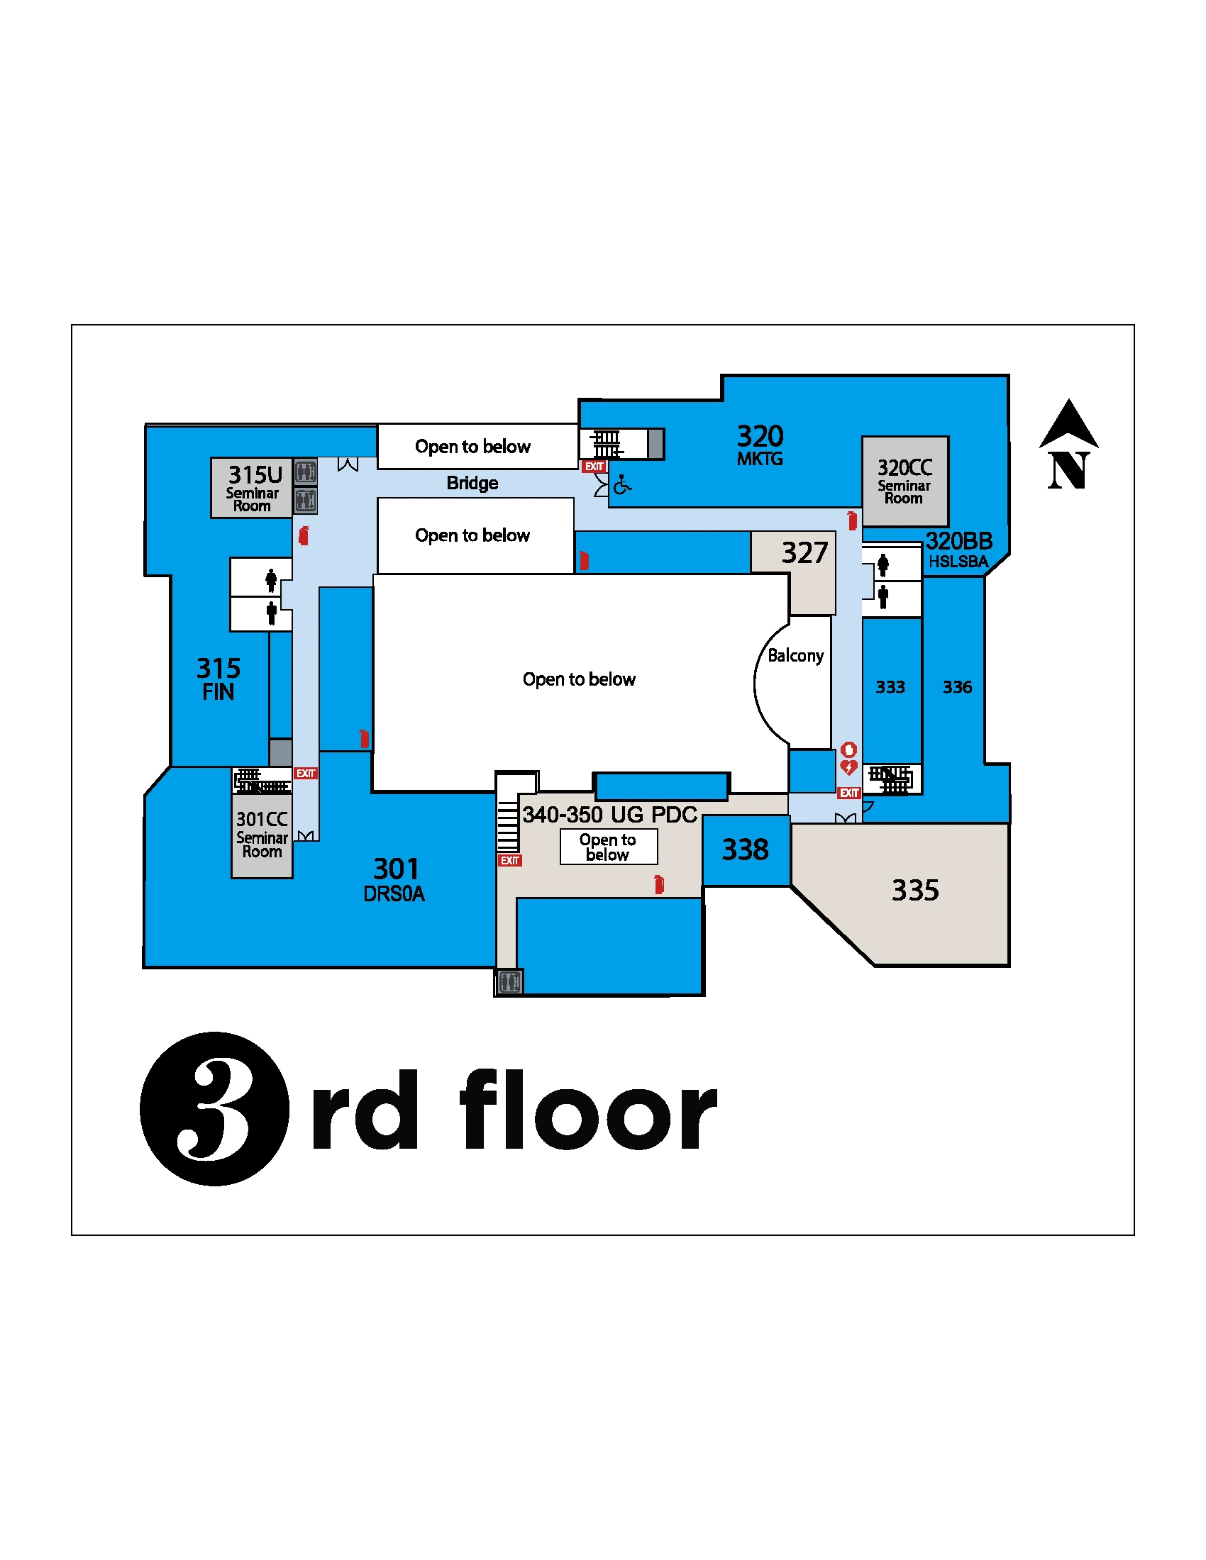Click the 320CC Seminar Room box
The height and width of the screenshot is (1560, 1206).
pyautogui.click(x=905, y=481)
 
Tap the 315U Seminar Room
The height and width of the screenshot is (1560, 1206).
pyautogui.click(x=252, y=488)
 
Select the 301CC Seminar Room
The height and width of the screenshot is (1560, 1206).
pyautogui.click(x=262, y=835)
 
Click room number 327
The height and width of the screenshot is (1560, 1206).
pyautogui.click(x=804, y=554)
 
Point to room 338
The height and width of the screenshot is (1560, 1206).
pyautogui.click(x=745, y=850)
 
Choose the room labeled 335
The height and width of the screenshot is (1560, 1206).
pyautogui.click(x=914, y=891)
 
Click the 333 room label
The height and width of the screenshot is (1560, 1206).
pyautogui.click(x=890, y=687)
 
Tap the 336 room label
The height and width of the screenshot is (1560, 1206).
pyautogui.click(x=957, y=687)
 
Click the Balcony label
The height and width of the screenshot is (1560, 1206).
pyautogui.click(x=795, y=656)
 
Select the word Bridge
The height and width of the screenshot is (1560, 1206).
pyautogui.click(x=472, y=484)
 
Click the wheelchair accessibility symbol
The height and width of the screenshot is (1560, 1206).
pyautogui.click(x=622, y=486)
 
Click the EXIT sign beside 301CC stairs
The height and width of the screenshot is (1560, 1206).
pyautogui.click(x=306, y=774)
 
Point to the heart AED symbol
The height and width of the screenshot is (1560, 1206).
pyautogui.click(x=848, y=768)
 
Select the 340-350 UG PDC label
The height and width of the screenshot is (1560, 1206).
pyautogui.click(x=609, y=815)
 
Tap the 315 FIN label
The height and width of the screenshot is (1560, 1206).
pyautogui.click(x=218, y=679)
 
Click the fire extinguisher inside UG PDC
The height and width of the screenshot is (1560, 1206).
pyautogui.click(x=659, y=885)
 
